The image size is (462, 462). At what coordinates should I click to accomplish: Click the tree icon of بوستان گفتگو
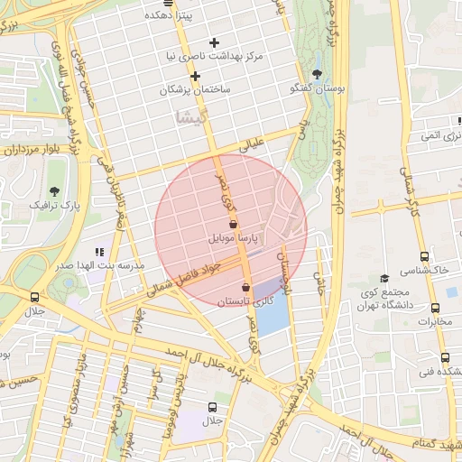316,74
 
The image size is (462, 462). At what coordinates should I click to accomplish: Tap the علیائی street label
254,144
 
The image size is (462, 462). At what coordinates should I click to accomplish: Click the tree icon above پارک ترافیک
55,191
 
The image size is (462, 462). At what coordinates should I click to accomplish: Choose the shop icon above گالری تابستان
245,287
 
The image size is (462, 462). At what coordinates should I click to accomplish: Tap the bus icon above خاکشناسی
425,256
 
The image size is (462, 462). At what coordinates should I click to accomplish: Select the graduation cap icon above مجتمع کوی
384,279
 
